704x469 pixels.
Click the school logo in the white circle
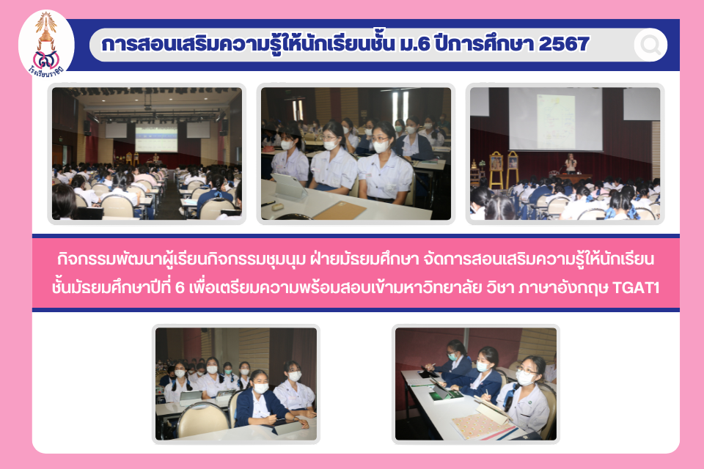coord(45,45)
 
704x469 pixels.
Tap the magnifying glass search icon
coord(650,45)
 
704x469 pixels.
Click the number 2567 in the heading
coord(563,44)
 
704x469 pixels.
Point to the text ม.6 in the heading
coord(414,44)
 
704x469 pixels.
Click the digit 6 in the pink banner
coord(180,287)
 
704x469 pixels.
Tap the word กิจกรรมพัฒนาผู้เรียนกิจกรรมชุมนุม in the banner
coord(181,259)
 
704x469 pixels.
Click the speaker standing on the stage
coord(571,163)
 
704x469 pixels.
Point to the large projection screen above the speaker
coord(555,119)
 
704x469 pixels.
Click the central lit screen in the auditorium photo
coord(155,139)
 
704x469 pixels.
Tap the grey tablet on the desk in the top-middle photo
coord(289,186)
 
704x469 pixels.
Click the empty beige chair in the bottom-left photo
coord(203,420)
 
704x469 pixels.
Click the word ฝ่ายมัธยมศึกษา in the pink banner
coord(364,259)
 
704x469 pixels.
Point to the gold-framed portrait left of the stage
coord(496,169)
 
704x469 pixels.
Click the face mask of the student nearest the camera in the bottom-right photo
coord(524,378)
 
